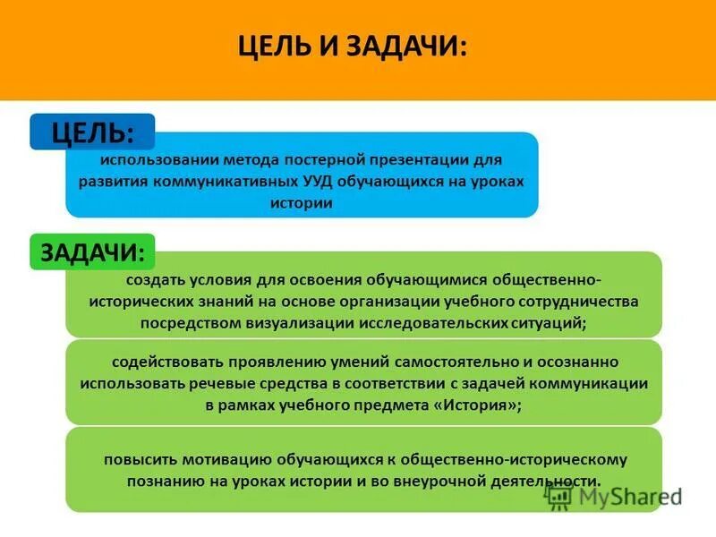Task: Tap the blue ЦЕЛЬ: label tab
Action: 92,132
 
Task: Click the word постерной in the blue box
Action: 323,158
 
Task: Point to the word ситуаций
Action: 552,323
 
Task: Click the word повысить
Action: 139,459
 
